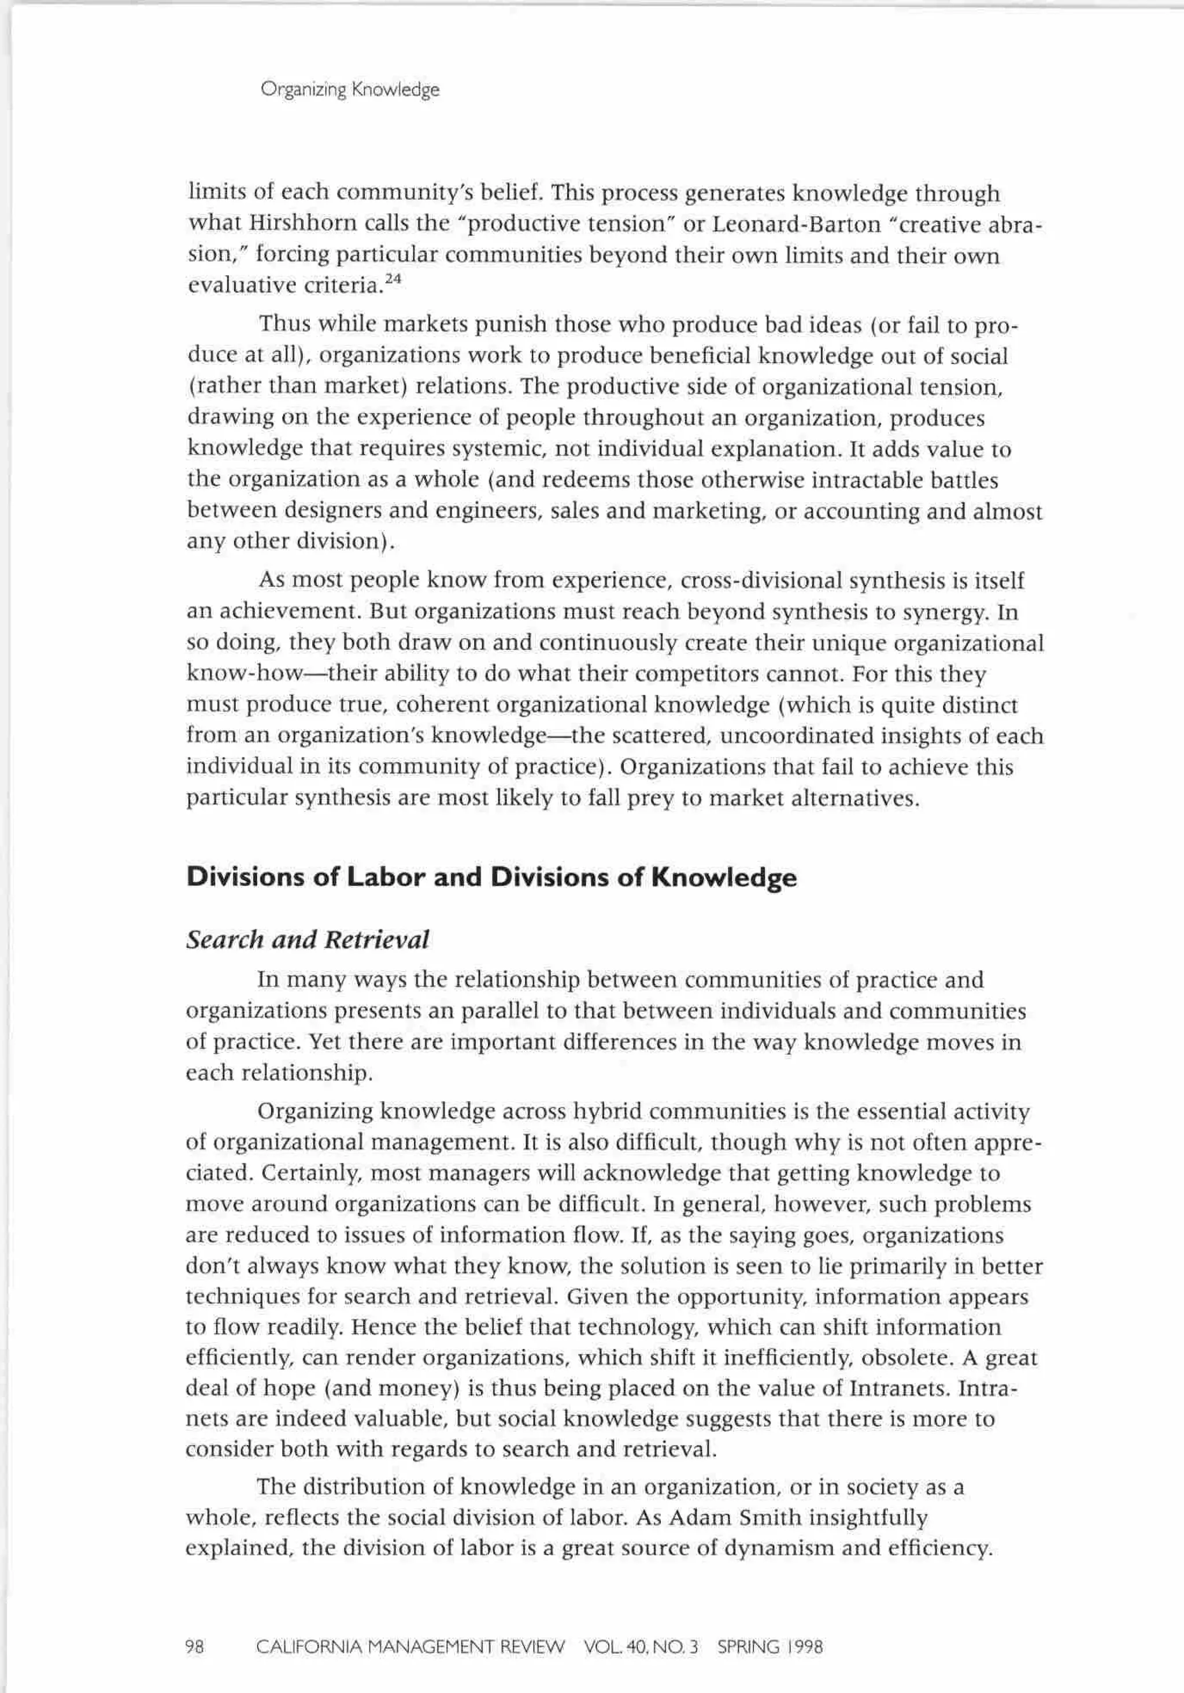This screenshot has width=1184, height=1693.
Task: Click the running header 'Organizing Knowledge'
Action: point(350,90)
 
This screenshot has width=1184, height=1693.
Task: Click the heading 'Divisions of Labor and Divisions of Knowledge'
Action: point(491,877)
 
